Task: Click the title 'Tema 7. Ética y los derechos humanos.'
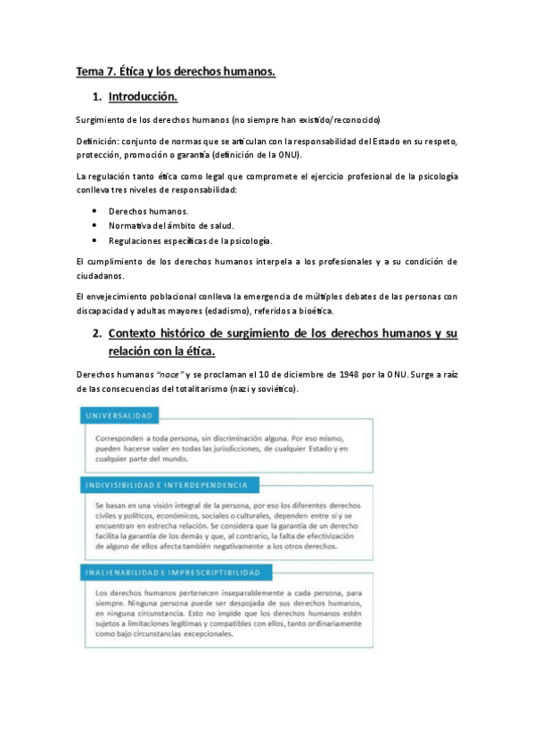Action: pos(176,71)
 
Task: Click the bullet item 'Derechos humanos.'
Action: pos(147,211)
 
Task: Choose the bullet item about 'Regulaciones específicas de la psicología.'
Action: pos(190,241)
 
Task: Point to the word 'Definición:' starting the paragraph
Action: pos(98,141)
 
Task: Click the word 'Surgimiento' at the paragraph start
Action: pos(103,119)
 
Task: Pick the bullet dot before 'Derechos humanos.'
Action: pos(94,211)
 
